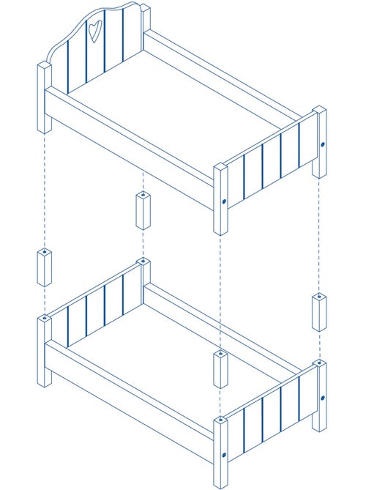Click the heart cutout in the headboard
[94, 30]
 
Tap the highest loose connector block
[143, 210]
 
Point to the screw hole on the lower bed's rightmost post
[322, 398]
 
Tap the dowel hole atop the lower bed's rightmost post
[320, 363]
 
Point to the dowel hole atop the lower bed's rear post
[143, 261]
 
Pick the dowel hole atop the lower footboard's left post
[220, 420]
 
